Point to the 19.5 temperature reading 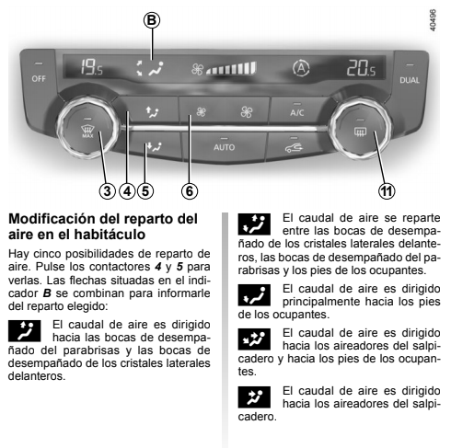click(92, 67)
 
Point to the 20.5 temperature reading click(361, 68)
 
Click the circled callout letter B click(152, 20)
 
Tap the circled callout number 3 click(107, 191)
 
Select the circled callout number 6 click(190, 191)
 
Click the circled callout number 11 click(387, 191)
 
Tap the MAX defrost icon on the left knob click(87, 132)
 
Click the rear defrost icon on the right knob click(360, 132)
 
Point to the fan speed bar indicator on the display click(231, 68)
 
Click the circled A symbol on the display click(301, 68)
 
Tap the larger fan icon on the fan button click(247, 112)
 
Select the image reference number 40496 click(433, 20)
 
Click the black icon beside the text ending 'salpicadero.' click(254, 397)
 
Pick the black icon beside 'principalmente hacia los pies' click(254, 295)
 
